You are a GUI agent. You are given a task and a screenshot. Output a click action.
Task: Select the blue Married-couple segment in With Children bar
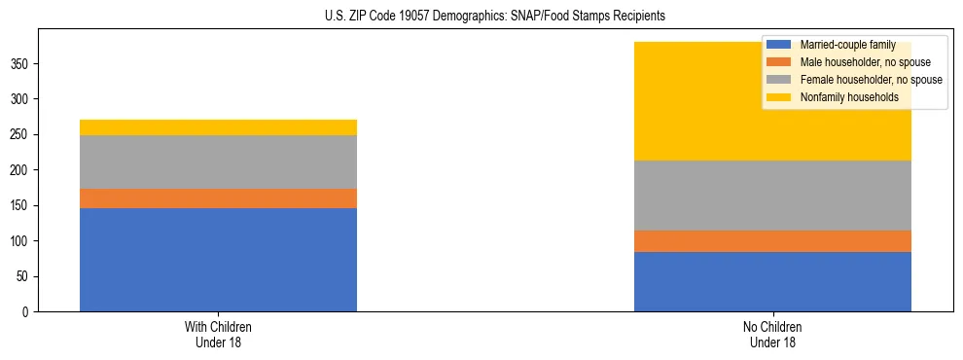pyautogui.click(x=218, y=260)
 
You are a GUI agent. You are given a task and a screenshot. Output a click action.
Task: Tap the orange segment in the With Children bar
pyautogui.click(x=218, y=198)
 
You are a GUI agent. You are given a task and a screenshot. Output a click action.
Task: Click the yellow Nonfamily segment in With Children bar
pyautogui.click(x=218, y=127)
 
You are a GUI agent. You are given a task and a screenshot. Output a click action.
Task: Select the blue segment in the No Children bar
pyautogui.click(x=772, y=281)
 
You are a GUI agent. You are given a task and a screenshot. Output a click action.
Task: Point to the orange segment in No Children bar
pyautogui.click(x=772, y=241)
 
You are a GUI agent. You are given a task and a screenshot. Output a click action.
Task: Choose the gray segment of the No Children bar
pyautogui.click(x=772, y=196)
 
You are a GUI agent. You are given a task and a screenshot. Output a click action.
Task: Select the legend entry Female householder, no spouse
pyautogui.click(x=869, y=80)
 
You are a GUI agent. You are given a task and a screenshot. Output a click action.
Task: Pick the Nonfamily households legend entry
pyautogui.click(x=848, y=97)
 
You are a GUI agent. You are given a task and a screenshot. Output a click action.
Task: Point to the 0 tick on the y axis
pyautogui.click(x=26, y=312)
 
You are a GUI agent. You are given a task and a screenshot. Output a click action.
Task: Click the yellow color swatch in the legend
pyautogui.click(x=779, y=97)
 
